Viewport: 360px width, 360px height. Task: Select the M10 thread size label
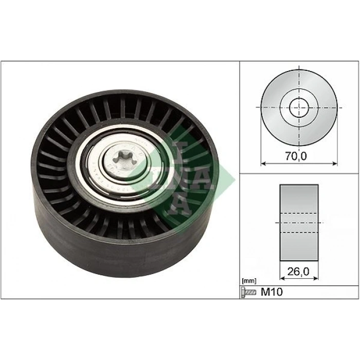273,292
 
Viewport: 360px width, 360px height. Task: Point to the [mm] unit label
248,281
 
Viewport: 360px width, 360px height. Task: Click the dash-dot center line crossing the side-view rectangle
299,222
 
